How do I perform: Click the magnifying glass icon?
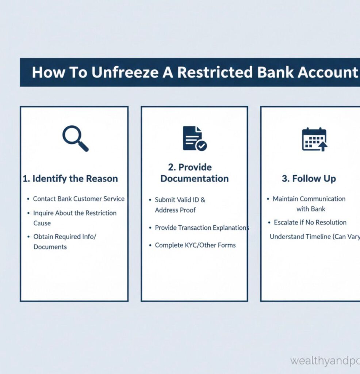75,138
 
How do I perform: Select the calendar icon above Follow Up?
314,139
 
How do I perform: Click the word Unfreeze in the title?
125,72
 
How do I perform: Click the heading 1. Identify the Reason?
70,179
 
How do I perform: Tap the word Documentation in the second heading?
194,179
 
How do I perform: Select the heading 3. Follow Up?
309,179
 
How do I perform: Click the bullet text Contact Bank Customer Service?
78,199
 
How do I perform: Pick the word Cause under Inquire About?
42,223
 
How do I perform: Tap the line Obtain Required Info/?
65,237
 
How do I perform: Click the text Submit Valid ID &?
180,200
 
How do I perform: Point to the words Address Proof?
175,210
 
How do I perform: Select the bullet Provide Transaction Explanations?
202,228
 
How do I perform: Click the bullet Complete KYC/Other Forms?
195,245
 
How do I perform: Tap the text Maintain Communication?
309,199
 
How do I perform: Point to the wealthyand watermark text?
325,361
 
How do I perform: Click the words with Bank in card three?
311,209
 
